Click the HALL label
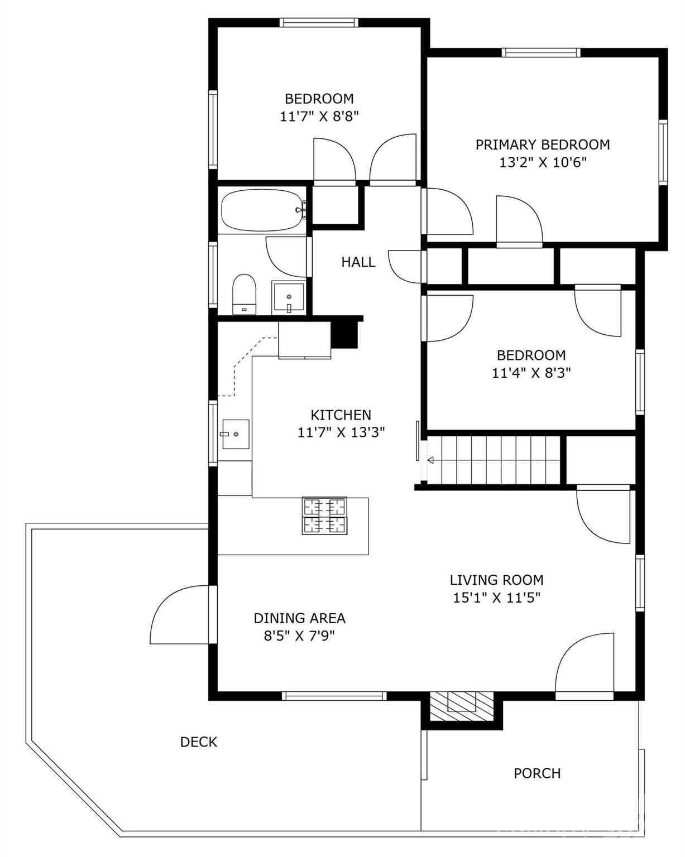click(358, 262)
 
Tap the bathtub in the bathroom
click(264, 210)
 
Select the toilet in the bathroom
click(244, 294)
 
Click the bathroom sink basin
click(289, 297)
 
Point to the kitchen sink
click(236, 434)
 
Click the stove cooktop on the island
click(324, 516)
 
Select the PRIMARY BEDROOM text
click(542, 145)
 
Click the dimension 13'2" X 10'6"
click(543, 162)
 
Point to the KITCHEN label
click(341, 415)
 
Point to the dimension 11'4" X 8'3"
click(531, 373)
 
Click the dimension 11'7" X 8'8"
click(319, 116)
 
